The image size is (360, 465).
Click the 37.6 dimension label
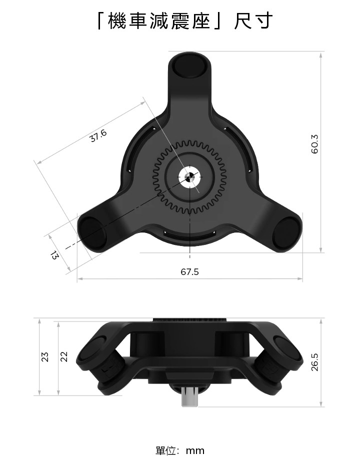[x=98, y=135]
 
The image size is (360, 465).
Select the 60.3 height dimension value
[x=314, y=143]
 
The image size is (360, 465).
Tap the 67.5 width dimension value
[x=189, y=272]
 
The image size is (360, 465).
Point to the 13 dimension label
[x=54, y=255]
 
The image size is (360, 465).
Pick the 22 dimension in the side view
[x=63, y=356]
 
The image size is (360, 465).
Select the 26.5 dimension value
[x=314, y=361]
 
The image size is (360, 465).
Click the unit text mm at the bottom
[x=195, y=450]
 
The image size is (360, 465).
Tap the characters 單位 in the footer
[x=166, y=450]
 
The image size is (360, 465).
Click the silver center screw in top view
[x=190, y=177]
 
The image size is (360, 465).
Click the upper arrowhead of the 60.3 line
[x=320, y=54]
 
